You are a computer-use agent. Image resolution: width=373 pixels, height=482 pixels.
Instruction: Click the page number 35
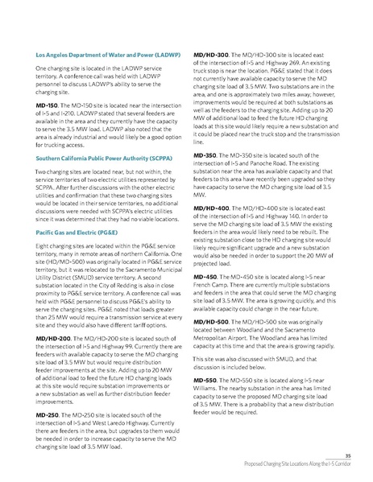(346, 455)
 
